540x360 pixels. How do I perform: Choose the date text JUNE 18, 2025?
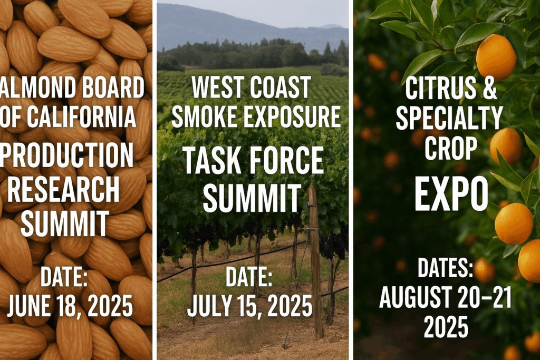(x=70, y=306)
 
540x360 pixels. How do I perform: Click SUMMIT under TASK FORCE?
(x=252, y=198)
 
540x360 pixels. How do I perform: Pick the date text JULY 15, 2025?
(x=250, y=306)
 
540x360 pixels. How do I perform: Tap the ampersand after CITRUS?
(x=488, y=90)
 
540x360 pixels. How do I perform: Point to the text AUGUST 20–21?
(x=446, y=298)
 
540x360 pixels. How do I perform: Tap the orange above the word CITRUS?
(x=496, y=57)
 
